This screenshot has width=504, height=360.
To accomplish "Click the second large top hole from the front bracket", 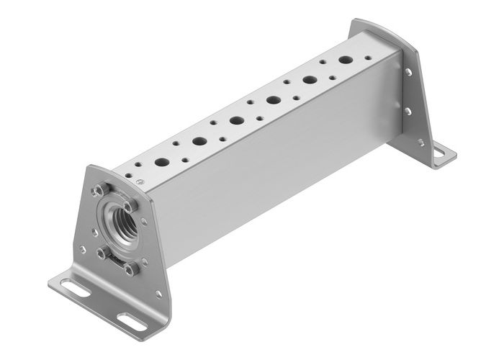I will pyautogui.click(x=199, y=141).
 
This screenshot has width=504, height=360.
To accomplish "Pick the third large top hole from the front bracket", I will pyautogui.click(x=237, y=120).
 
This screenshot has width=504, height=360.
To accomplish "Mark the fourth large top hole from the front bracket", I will pyautogui.click(x=274, y=100).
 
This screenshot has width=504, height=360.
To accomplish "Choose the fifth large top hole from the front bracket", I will pyautogui.click(x=310, y=81).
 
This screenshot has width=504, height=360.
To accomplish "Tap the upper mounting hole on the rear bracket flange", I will pyautogui.click(x=408, y=73).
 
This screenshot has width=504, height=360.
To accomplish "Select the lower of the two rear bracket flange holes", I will pyautogui.click(x=409, y=110).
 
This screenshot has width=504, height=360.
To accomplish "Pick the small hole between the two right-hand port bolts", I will pyautogui.click(x=144, y=222).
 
